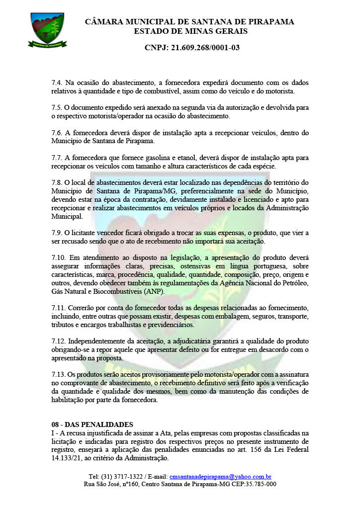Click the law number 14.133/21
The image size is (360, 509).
point(70,458)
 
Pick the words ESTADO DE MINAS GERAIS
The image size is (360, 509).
point(190,31)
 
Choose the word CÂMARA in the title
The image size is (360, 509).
point(102,22)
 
